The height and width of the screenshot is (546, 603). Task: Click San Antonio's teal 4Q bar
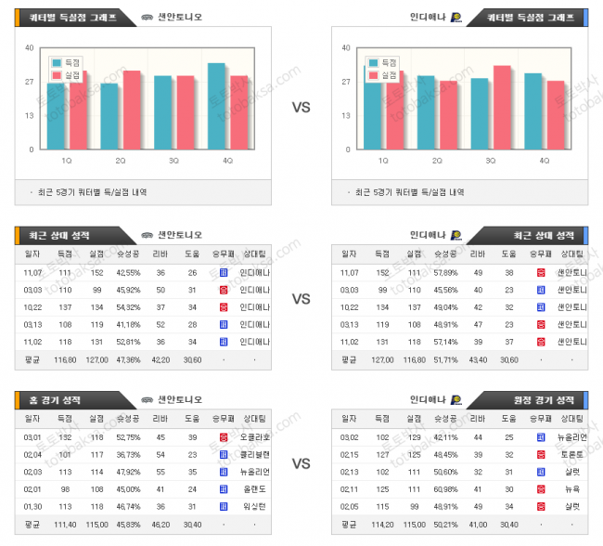216,106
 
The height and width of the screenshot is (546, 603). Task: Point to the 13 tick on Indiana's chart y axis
347,115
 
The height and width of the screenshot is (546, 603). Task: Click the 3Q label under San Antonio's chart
173,161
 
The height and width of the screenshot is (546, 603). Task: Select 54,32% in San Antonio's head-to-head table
129,307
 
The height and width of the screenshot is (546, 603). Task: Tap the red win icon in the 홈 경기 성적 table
224,436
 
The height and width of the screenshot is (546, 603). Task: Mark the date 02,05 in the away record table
350,506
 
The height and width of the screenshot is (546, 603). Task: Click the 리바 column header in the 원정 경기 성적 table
478,419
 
